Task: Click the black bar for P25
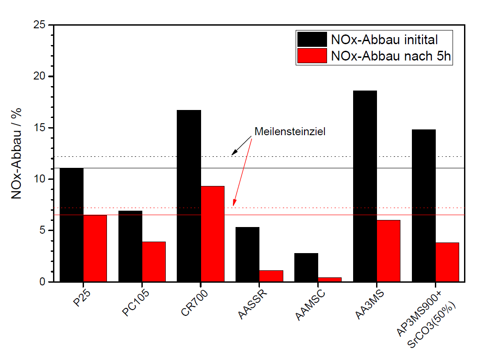(x=72, y=225)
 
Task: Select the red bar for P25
(x=95, y=248)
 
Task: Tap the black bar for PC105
(x=130, y=246)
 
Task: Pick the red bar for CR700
(x=213, y=234)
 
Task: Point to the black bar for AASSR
(x=247, y=254)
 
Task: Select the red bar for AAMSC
(x=330, y=279)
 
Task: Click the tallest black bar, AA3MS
(x=365, y=186)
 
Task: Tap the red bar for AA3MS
(x=388, y=251)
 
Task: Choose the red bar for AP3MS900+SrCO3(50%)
(x=447, y=262)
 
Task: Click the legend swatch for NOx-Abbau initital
(x=312, y=39)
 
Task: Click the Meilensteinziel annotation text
(x=290, y=132)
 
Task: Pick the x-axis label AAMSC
(x=311, y=304)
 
